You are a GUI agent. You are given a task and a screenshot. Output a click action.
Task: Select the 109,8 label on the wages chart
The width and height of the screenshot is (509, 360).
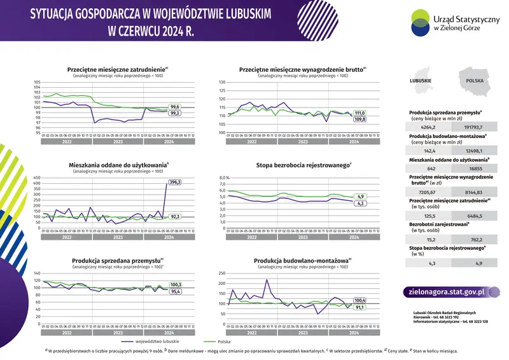click(x=359, y=119)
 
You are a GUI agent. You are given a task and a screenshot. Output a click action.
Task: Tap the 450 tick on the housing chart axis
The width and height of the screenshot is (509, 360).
click(x=36, y=177)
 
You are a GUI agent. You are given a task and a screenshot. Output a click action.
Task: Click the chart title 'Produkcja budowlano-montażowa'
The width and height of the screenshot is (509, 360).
click(x=300, y=261)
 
